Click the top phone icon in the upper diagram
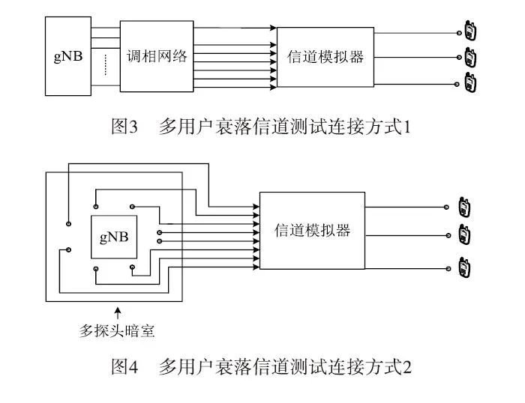point(471,32)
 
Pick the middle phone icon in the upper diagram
point(471,57)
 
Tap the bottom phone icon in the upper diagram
point(471,82)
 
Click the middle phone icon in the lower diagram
point(464,234)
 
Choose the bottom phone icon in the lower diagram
point(464,267)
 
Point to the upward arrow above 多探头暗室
point(116,309)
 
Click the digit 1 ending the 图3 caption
point(408,127)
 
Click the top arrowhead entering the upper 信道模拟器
point(273,28)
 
